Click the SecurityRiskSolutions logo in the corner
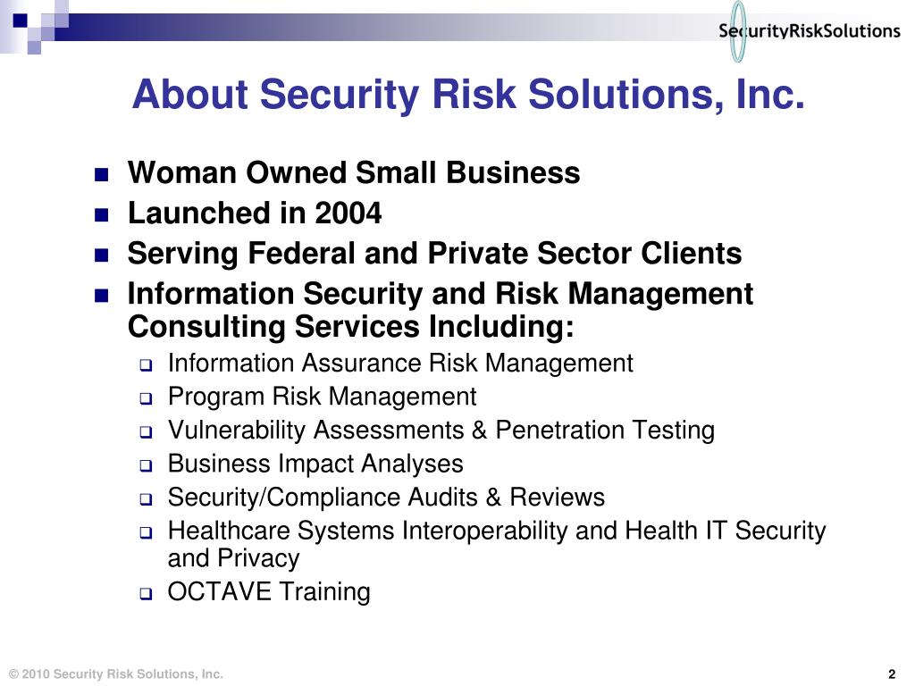pos(809,31)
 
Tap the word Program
pos(216,397)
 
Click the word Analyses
pos(412,464)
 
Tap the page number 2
pos(892,673)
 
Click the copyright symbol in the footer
pos(12,673)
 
